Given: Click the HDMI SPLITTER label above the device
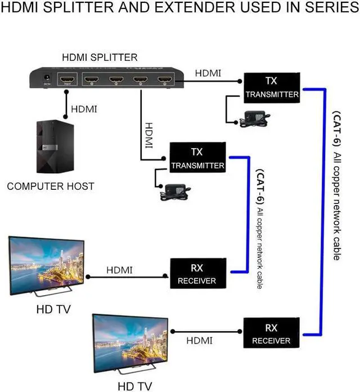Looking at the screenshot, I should (x=99, y=57).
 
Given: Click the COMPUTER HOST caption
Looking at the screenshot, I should (x=51, y=186).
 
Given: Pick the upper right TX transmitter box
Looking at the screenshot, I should (x=272, y=87).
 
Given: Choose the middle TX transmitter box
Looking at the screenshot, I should (x=197, y=158).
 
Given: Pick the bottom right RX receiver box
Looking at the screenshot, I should (x=271, y=333).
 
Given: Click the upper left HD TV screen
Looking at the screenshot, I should (x=46, y=264).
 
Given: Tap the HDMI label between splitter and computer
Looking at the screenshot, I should (x=84, y=108).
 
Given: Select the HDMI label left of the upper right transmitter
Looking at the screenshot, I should (x=208, y=73).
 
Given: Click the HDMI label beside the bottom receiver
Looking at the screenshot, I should (x=200, y=340).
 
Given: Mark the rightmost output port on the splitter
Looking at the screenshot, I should (x=165, y=80).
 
